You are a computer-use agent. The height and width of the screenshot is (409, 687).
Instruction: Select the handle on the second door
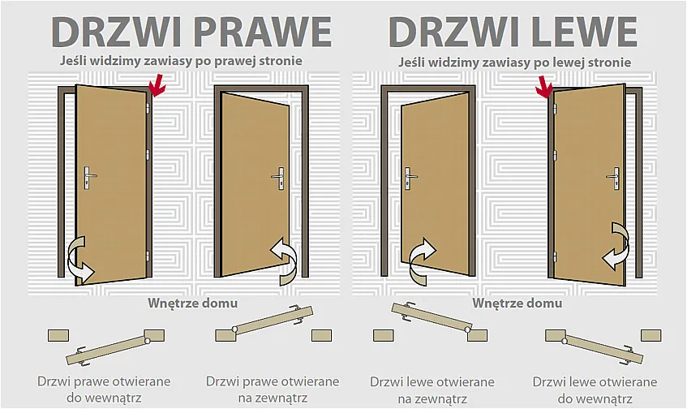tap(279, 176)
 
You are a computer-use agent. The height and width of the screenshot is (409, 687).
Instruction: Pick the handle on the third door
tap(410, 176)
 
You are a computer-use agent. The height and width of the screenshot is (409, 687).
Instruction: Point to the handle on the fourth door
tap(614, 176)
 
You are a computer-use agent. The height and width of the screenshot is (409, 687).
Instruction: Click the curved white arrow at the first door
tap(79, 258)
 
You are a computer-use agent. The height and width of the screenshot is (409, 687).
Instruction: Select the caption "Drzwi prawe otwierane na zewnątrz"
tap(273, 389)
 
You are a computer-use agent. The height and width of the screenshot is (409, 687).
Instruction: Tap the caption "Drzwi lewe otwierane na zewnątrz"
tap(432, 389)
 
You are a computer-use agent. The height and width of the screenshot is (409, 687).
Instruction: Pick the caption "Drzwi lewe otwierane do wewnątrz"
tap(595, 389)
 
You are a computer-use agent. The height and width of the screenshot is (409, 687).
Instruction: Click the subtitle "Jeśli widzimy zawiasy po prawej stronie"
tap(181, 61)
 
